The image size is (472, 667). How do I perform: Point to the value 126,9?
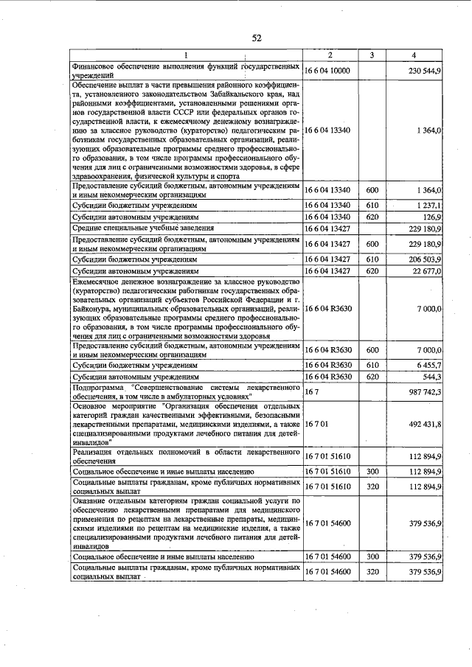point(431,217)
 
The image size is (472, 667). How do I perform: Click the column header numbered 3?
point(372,55)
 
